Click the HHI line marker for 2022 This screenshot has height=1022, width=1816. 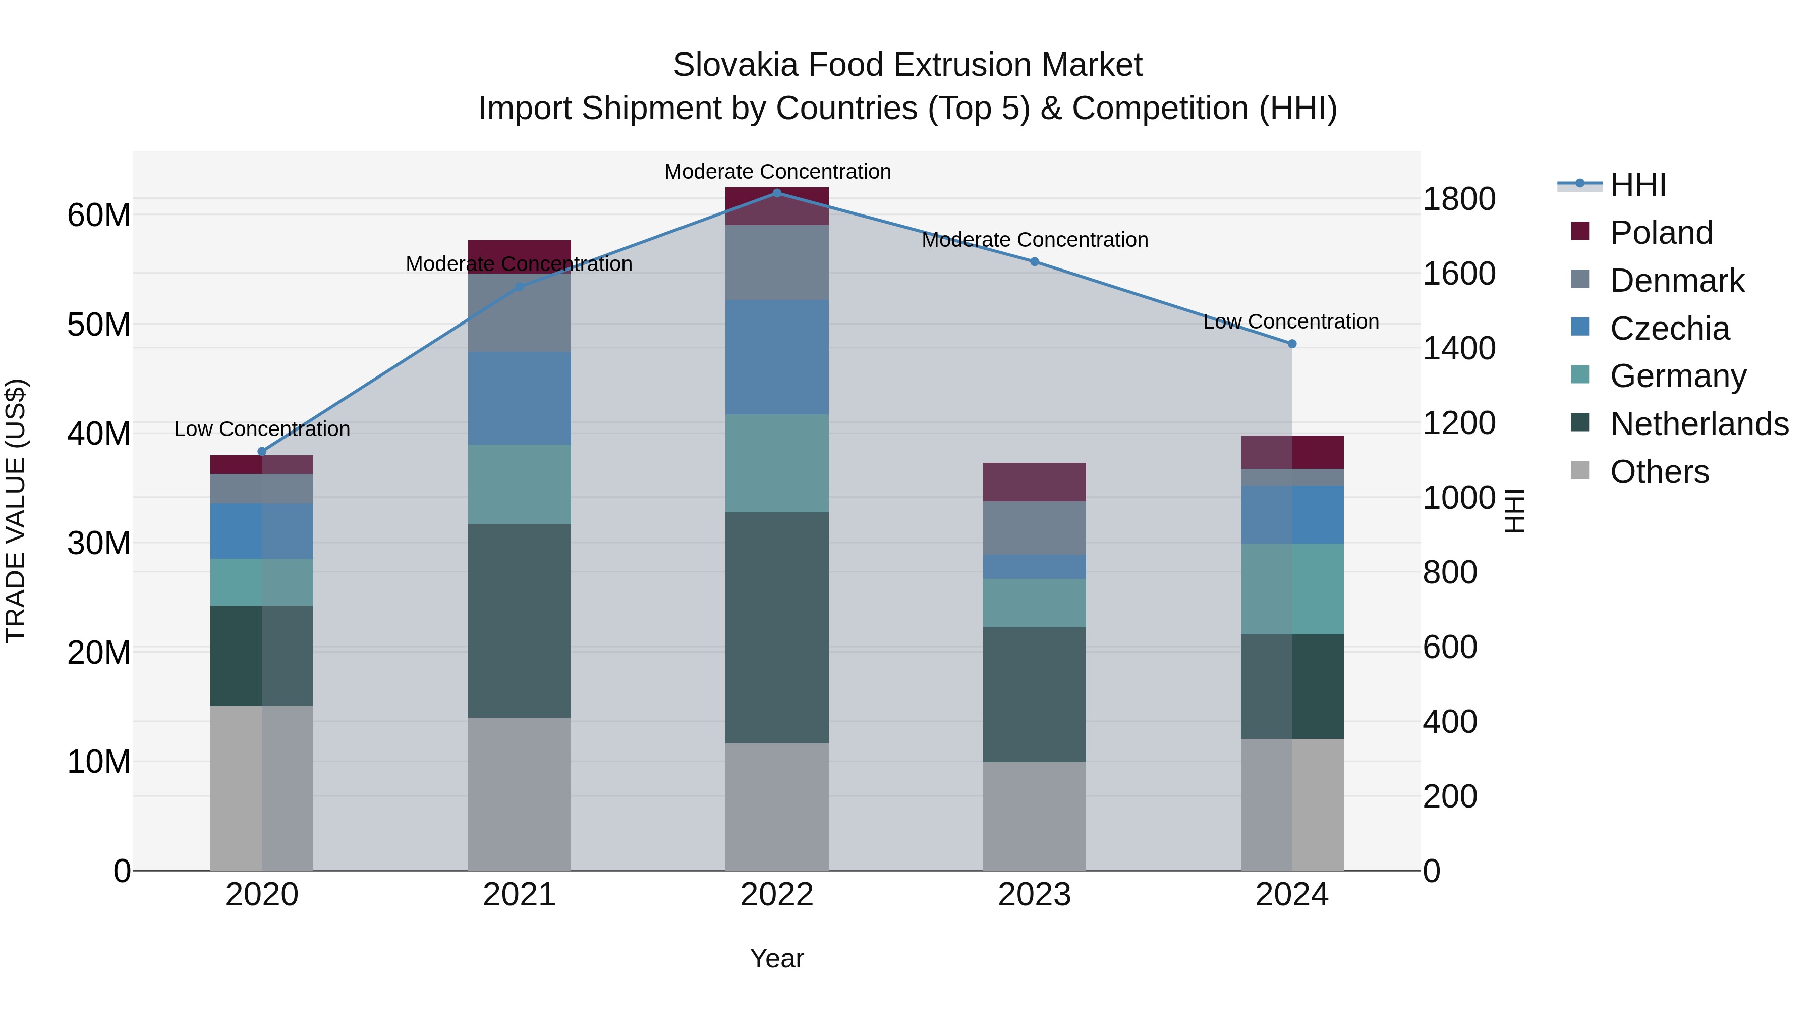point(777,193)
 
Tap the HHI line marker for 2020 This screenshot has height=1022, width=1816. point(262,451)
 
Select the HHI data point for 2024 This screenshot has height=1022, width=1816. point(1291,344)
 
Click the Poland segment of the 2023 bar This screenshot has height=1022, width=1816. point(1034,482)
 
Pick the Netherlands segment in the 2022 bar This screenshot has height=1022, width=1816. point(777,628)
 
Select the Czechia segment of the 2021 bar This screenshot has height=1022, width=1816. point(520,399)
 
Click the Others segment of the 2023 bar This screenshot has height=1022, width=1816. point(1034,816)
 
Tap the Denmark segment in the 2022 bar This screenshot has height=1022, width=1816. point(777,263)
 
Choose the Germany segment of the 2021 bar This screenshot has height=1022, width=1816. point(520,485)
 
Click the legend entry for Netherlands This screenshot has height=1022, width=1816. point(1699,424)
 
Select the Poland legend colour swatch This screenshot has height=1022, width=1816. point(1580,231)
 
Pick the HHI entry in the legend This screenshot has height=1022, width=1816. point(1637,185)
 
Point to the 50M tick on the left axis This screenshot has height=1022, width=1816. point(99,325)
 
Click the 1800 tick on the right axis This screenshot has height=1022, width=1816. point(1458,199)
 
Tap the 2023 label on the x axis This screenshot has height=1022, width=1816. point(1034,895)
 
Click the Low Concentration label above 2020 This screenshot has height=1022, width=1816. point(262,429)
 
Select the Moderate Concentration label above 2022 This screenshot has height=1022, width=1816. point(777,172)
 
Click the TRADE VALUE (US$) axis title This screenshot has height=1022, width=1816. point(16,511)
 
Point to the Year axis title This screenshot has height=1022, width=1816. point(777,958)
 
